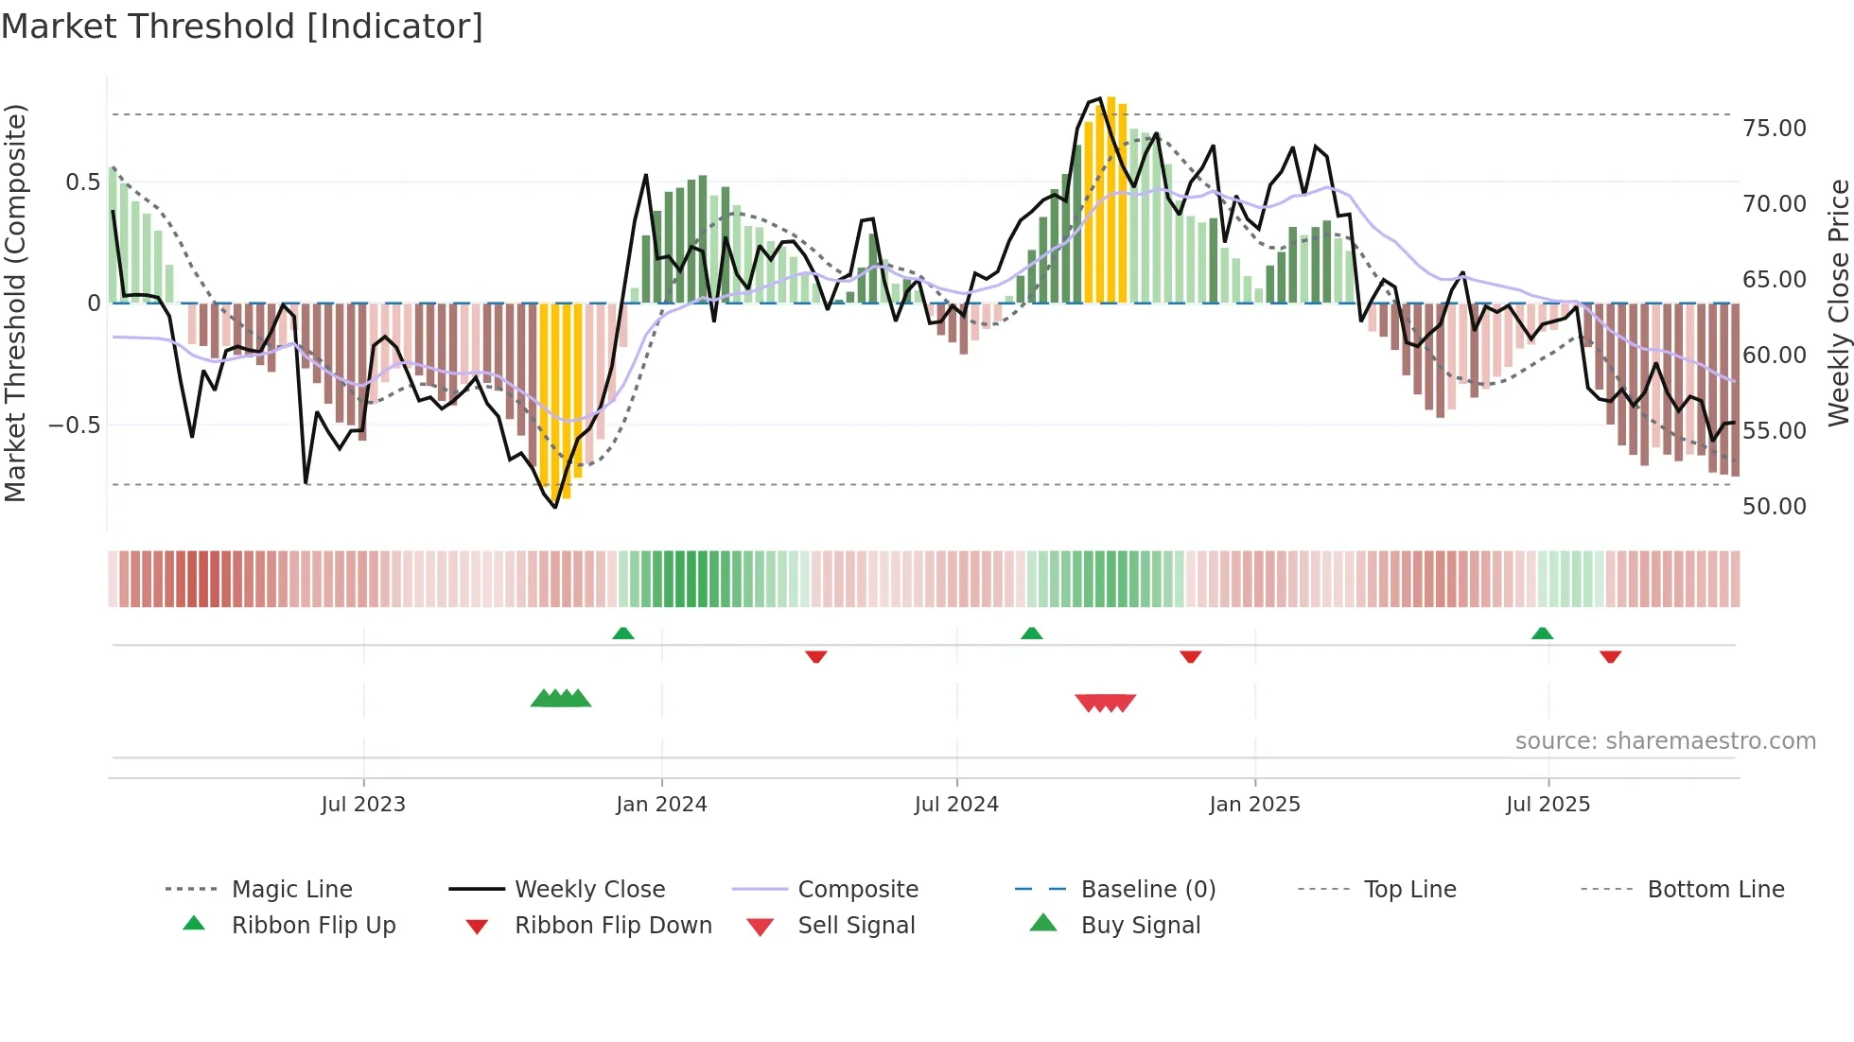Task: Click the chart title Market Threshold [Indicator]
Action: [242, 26]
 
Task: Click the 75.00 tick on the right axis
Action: [1774, 129]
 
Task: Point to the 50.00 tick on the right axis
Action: [1774, 507]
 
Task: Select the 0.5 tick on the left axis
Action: [82, 182]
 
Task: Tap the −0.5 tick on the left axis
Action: [75, 425]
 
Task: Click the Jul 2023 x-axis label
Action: [363, 805]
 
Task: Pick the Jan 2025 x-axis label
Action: [1254, 805]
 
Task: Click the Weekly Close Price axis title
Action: [1837, 303]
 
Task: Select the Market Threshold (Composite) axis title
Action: [15, 303]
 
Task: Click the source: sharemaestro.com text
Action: [1665, 741]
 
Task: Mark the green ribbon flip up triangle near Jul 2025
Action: [1542, 634]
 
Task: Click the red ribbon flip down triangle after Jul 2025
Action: [1610, 657]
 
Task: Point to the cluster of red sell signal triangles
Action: [1105, 703]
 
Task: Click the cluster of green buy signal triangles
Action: [561, 699]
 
